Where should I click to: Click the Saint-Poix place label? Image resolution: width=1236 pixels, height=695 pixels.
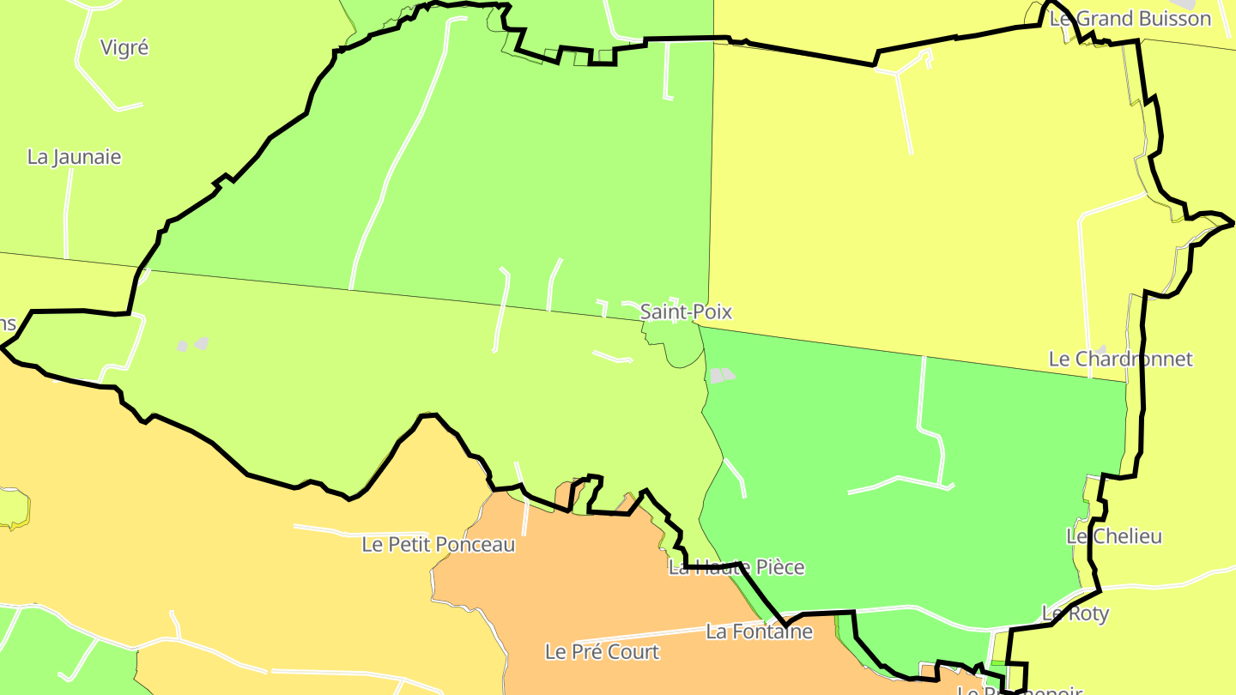pyautogui.click(x=686, y=311)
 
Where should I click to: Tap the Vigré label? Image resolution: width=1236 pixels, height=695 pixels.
pyautogui.click(x=124, y=48)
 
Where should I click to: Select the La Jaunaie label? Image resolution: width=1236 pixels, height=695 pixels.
pyautogui.click(x=74, y=158)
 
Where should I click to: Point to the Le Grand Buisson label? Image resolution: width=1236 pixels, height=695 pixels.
pyautogui.click(x=1130, y=19)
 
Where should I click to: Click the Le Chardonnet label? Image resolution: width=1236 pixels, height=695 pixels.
pyautogui.click(x=1120, y=359)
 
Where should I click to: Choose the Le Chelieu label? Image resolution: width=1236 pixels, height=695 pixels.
pyautogui.click(x=1113, y=536)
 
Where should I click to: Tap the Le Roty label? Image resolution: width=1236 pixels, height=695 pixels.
pyautogui.click(x=1075, y=613)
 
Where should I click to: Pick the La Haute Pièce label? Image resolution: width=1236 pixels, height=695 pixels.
pyautogui.click(x=736, y=567)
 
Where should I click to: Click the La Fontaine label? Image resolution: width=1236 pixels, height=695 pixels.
pyautogui.click(x=759, y=632)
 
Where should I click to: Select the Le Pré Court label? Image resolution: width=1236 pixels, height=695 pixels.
pyautogui.click(x=602, y=652)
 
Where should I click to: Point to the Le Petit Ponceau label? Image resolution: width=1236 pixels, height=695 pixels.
pyautogui.click(x=438, y=545)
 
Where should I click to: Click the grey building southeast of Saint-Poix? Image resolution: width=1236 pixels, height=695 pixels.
pyautogui.click(x=722, y=376)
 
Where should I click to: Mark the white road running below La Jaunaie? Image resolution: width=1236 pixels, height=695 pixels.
pyautogui.click(x=66, y=215)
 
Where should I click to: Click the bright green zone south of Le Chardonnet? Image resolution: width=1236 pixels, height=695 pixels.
pyautogui.click(x=901, y=532)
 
